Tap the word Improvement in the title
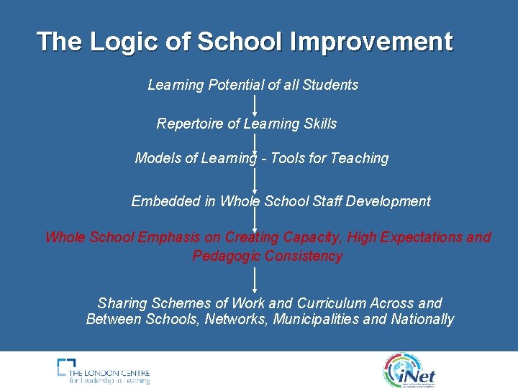click(x=371, y=42)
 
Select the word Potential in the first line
click(x=236, y=85)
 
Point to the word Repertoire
click(x=190, y=124)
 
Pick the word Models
click(x=158, y=158)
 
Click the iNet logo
click(x=409, y=369)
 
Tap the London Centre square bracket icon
click(x=67, y=368)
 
